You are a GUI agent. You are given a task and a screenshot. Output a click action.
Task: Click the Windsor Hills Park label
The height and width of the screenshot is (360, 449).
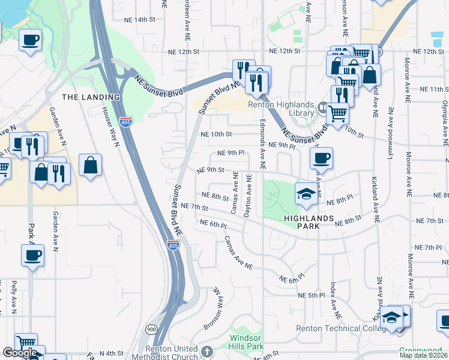[x=246, y=343]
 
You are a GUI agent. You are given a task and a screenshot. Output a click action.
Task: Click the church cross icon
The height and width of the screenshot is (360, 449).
[x=207, y=351]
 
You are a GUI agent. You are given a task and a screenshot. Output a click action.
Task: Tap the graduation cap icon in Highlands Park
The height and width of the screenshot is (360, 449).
[x=306, y=193]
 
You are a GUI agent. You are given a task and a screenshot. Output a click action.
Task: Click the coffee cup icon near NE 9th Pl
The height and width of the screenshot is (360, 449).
[x=321, y=158]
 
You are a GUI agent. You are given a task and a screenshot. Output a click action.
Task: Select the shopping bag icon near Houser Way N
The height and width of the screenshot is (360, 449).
[x=90, y=165]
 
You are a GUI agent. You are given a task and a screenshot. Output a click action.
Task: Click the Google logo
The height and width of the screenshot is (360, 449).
[x=20, y=353]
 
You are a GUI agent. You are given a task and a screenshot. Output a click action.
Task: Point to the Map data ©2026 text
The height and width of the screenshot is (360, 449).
[x=424, y=355]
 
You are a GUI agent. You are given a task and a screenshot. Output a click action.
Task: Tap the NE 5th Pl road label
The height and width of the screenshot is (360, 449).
[x=311, y=296]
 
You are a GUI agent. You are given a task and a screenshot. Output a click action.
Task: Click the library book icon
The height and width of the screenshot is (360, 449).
[x=323, y=109]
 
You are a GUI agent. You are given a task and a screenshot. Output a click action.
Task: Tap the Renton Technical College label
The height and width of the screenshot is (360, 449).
[x=337, y=328]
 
